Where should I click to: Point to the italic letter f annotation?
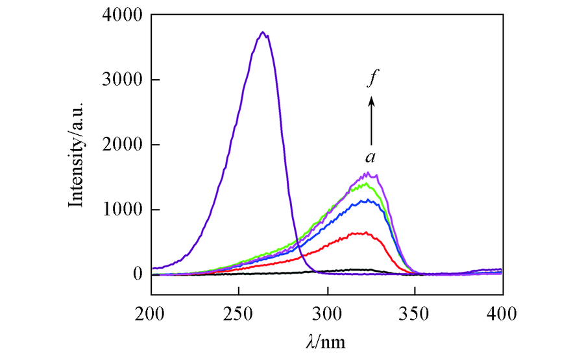372,80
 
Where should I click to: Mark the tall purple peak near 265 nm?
262,32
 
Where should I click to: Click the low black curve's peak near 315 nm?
354,269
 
